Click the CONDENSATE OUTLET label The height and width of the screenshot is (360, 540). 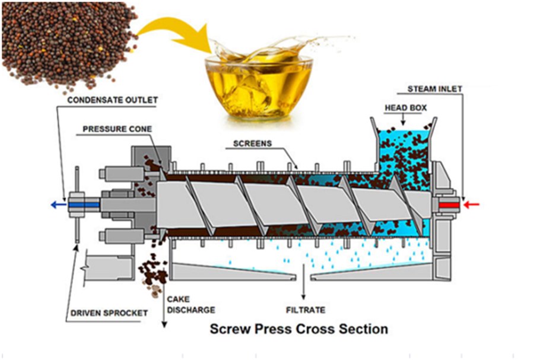point(112,100)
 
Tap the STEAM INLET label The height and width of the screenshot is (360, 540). point(435,89)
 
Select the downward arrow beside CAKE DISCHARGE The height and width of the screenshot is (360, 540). point(163,311)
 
